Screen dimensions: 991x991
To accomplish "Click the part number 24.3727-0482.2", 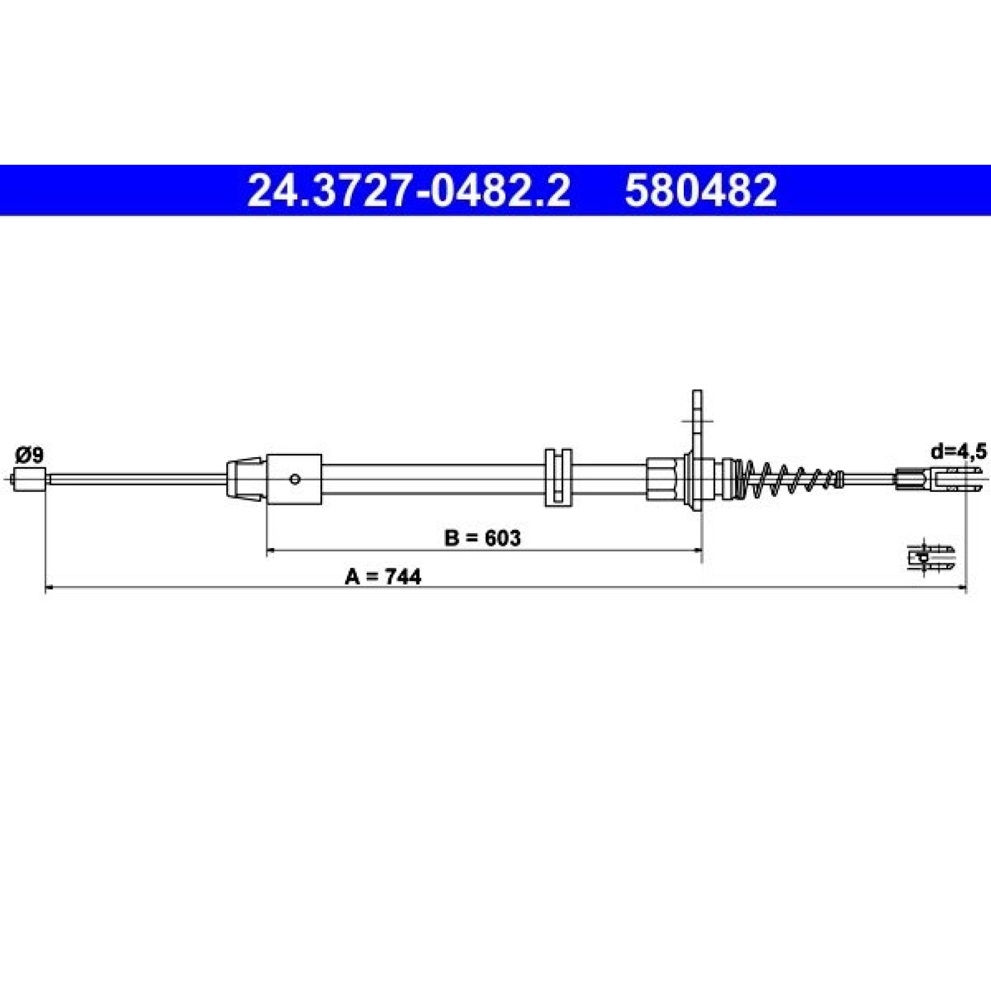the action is click(x=408, y=190).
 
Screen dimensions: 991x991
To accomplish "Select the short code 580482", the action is click(x=701, y=190).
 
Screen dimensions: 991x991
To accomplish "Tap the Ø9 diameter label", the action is click(x=30, y=456).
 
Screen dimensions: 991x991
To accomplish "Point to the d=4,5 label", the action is click(x=958, y=452).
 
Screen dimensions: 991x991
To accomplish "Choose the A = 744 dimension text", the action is click(x=383, y=577).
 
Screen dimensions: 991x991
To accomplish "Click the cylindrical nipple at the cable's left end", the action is click(x=30, y=479).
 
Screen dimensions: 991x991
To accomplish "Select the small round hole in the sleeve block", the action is click(x=295, y=479).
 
